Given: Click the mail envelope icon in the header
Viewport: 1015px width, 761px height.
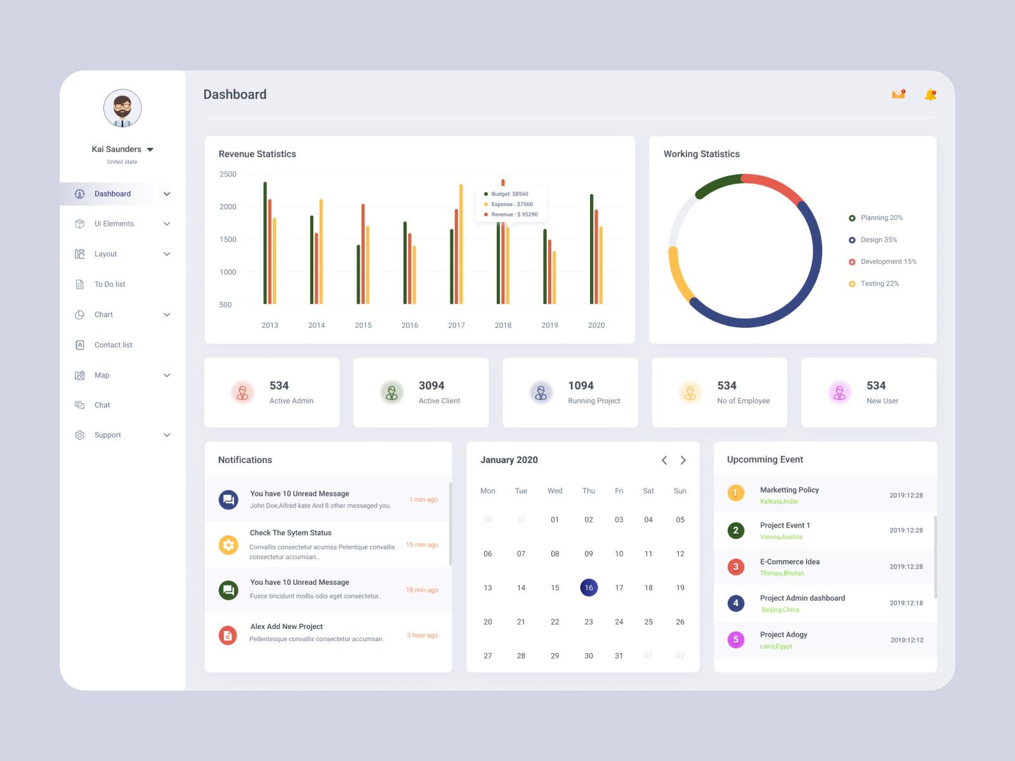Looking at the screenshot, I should pos(898,94).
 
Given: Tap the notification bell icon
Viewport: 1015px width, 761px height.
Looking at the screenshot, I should pos(930,95).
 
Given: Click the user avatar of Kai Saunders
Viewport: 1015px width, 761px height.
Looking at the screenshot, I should pos(122,108).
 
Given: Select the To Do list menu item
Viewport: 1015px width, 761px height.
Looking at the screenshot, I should pos(110,284).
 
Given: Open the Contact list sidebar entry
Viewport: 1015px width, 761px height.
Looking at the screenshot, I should pos(113,345).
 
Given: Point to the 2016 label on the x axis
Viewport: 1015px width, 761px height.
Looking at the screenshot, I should pos(410,325).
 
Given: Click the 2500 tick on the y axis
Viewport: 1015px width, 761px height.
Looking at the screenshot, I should pos(228,174).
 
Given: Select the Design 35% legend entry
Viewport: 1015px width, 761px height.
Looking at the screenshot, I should pos(878,240).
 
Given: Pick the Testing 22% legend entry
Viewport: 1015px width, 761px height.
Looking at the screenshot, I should pos(879,283).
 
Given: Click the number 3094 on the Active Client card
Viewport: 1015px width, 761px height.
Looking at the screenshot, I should pos(431,386).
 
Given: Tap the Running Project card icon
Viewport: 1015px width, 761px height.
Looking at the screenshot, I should pos(541,393).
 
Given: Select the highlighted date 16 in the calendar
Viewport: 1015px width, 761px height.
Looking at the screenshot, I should pos(589,588).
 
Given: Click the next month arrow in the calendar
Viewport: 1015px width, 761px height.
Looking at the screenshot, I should pos(683,460).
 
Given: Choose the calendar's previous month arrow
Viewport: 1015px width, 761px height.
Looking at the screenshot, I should pos(664,460).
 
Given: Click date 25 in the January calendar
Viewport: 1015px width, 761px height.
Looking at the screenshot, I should pos(648,622).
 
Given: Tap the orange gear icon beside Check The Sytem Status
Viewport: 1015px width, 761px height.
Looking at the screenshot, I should pos(228,545).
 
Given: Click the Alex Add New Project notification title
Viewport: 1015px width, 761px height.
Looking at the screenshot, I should pos(286,627).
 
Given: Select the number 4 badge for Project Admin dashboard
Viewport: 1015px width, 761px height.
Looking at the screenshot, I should pos(736,603).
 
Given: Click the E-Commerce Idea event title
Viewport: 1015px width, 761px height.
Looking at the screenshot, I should pos(790,562).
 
